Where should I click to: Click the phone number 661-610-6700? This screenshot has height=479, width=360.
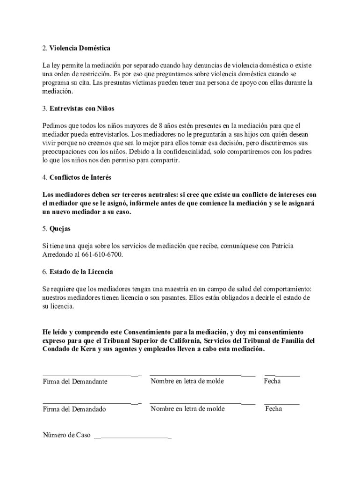tap(103, 254)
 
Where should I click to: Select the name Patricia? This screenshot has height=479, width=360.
tap(282, 246)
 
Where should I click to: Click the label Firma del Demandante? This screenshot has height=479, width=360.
tap(75, 381)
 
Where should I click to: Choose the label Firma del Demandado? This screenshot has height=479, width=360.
tap(74, 409)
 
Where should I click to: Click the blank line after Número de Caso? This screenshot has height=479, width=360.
tap(133, 438)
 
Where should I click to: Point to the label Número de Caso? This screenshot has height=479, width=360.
tap(66, 435)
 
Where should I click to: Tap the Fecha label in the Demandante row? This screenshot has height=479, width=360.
tap(272, 381)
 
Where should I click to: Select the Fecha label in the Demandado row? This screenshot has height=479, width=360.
tap(274, 409)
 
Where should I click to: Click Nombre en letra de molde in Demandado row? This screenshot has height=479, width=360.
tap(187, 409)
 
